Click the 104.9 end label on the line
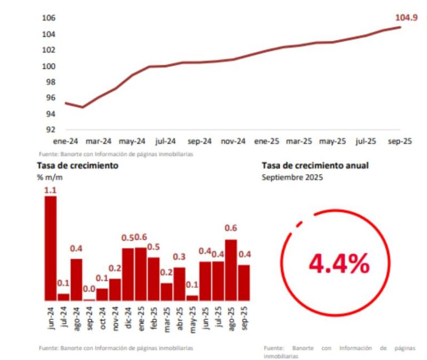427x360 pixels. coord(406,17)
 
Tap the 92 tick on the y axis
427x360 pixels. coord(50,130)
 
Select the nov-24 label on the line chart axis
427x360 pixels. coord(233,141)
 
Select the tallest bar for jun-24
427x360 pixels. coord(51,248)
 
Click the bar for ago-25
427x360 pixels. coord(231,270)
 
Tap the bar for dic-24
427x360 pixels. coord(128,274)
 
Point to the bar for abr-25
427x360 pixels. coord(180,284)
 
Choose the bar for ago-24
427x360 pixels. coord(77,279)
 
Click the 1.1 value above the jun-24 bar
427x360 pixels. coord(51,190)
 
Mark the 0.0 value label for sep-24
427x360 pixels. coord(89,289)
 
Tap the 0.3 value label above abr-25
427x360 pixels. coord(179,257)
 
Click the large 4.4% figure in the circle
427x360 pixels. coord(339,264)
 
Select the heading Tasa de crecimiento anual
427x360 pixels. coord(315,165)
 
